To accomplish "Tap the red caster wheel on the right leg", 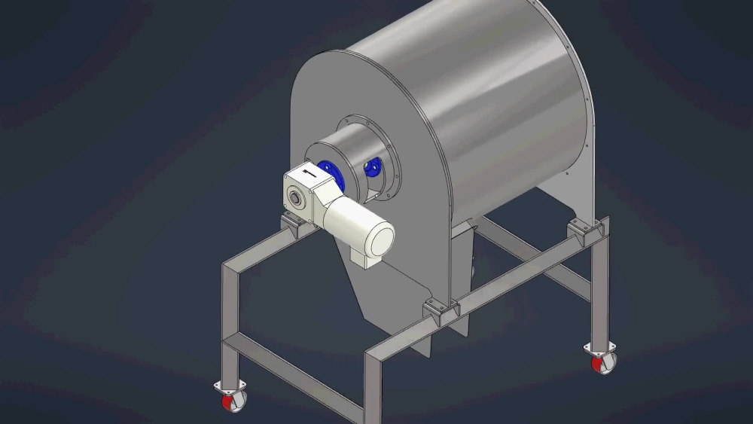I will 602,364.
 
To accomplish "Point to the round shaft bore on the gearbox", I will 298,197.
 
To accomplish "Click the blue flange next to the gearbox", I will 330,175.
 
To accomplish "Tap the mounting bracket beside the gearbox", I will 290,222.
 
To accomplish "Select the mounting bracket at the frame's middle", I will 441,310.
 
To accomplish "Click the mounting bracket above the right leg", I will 581,227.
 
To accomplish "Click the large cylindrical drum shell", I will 489,98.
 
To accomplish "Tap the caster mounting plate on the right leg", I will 600,347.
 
